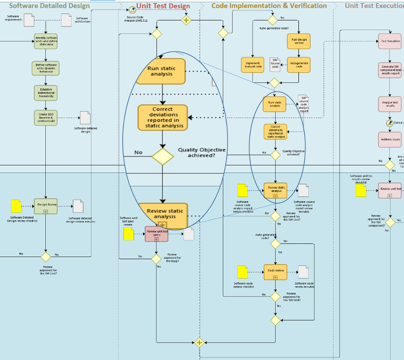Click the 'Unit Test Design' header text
tap(163, 6)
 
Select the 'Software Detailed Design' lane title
tap(49, 6)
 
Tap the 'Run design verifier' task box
tap(299, 42)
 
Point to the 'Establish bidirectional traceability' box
tap(46, 92)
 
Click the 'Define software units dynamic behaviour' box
tap(46, 68)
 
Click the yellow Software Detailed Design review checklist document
tap(16, 206)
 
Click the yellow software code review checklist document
tap(243, 272)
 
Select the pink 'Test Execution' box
tap(390, 41)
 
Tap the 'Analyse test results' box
tap(390, 104)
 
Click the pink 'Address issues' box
tap(390, 139)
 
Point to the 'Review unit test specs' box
tap(156, 234)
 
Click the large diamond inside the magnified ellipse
tap(162, 156)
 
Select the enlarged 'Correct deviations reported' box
tap(163, 117)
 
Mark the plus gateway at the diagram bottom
tap(199, 343)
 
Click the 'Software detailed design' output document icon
tap(85, 117)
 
